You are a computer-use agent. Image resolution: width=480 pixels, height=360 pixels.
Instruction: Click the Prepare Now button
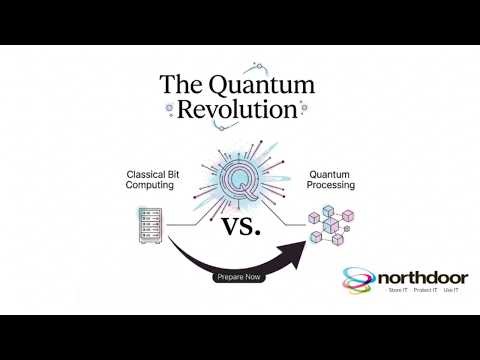click(239, 277)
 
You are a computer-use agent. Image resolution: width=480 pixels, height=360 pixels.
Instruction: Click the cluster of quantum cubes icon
click(330, 223)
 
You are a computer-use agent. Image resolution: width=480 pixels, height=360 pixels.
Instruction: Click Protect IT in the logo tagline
click(423, 291)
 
